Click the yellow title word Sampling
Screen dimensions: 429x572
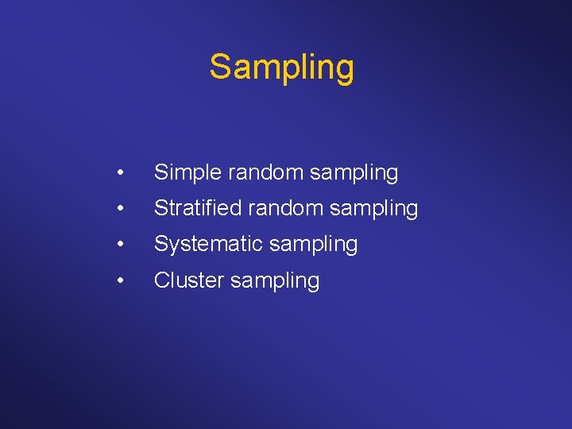pos(281,68)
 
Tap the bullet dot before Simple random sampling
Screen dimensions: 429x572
pos(118,173)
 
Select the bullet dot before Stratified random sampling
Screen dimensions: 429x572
pos(118,209)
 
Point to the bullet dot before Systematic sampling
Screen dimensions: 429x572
pos(118,245)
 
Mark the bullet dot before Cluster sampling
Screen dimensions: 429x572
pos(118,280)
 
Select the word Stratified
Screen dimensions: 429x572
pos(198,208)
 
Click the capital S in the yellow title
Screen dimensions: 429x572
pos(220,67)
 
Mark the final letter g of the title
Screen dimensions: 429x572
pos(345,71)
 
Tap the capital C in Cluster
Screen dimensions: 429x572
pos(161,280)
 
